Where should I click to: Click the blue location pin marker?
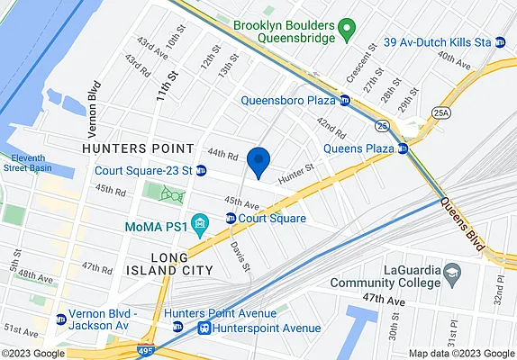click(x=258, y=160)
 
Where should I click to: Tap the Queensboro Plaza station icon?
click(x=344, y=100)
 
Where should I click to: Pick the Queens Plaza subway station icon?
click(x=403, y=148)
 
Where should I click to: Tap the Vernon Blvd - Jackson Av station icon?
click(x=61, y=318)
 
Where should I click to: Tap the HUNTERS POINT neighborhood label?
click(x=137, y=148)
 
